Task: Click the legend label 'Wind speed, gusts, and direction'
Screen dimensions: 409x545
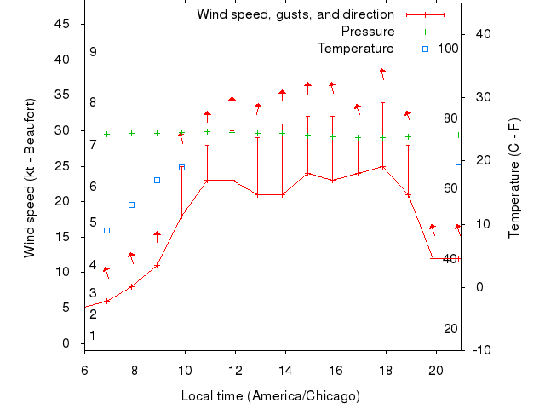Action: pos(295,14)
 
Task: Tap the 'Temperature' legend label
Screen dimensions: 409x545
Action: pos(355,49)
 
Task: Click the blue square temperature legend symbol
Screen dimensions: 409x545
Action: pos(425,49)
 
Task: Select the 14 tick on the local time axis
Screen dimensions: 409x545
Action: pos(285,371)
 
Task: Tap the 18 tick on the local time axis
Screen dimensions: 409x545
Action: pos(386,371)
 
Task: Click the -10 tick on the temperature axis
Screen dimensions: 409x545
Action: pos(479,350)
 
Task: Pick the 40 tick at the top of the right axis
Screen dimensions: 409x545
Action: pos(483,34)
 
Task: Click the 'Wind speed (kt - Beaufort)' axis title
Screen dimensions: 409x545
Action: pos(30,178)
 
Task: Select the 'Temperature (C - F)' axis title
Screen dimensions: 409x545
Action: pos(514,178)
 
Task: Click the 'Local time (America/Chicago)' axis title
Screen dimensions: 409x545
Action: pos(271,396)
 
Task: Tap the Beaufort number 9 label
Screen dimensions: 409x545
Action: pos(93,52)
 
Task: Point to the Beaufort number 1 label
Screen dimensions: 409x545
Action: pos(93,336)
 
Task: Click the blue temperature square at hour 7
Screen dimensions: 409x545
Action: pos(106,230)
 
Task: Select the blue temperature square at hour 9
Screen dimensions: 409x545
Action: pos(157,180)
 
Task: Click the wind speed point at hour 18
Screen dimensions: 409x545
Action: pos(383,167)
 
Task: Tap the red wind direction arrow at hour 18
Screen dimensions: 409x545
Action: pos(383,73)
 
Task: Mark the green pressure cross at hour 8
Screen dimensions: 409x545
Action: pos(132,133)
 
